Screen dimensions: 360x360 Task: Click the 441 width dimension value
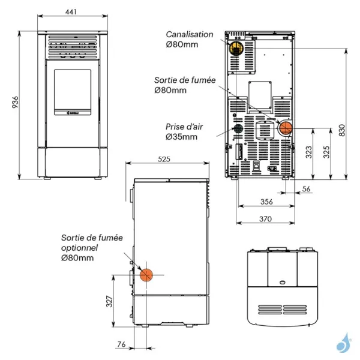click(71, 11)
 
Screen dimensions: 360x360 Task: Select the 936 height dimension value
click(15, 103)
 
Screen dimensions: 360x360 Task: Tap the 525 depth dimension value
click(164, 159)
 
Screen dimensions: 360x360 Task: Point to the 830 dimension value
click(342, 130)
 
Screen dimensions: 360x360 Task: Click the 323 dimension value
click(309, 152)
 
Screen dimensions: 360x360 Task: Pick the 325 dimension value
click(326, 152)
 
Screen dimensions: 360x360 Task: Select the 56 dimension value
click(306, 189)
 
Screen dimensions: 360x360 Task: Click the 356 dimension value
click(266, 202)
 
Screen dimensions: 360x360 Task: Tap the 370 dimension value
click(266, 219)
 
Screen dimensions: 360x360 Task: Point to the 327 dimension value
click(109, 301)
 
